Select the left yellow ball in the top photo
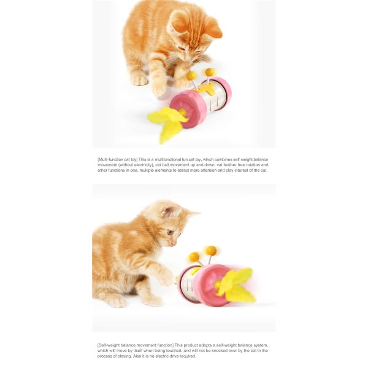tap(191, 75)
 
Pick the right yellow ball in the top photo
tap(210, 72)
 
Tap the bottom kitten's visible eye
tap(170, 232)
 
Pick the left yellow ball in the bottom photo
tap(194, 256)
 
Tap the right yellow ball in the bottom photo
tap(211, 250)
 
